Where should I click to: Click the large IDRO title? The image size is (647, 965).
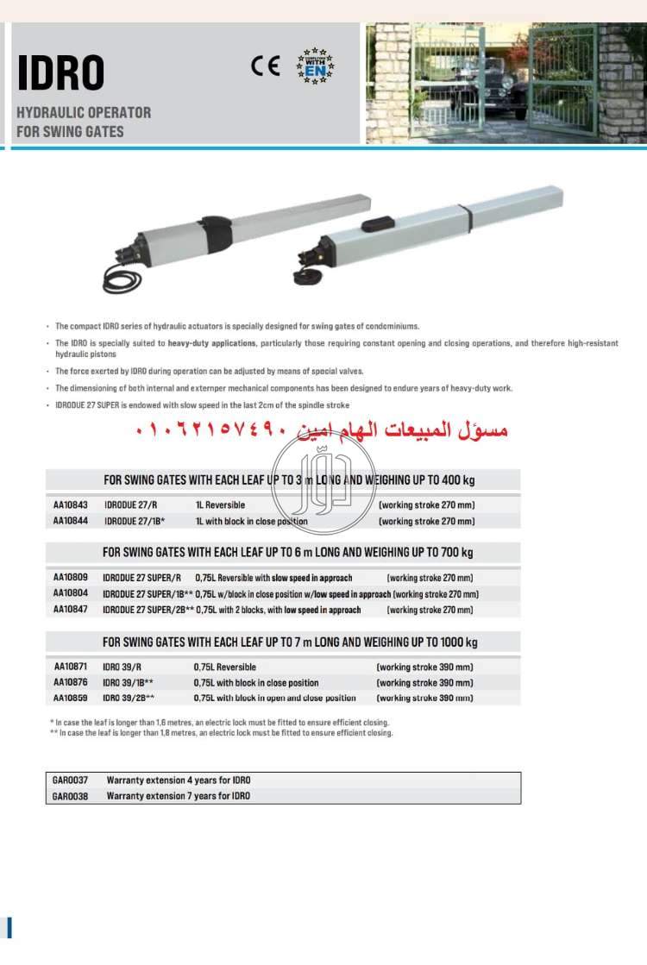pyautogui.click(x=61, y=73)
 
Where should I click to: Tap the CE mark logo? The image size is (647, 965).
pyautogui.click(x=266, y=66)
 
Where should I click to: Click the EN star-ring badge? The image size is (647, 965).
pyautogui.click(x=314, y=66)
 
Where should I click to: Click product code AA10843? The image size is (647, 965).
pyautogui.click(x=71, y=504)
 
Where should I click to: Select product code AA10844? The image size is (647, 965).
pyautogui.click(x=71, y=521)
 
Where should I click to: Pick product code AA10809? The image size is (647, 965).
pyautogui.click(x=71, y=578)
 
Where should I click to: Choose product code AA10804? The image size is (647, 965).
pyautogui.click(x=71, y=593)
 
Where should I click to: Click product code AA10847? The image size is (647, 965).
pyautogui.click(x=71, y=610)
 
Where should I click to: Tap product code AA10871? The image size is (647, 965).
pyautogui.click(x=71, y=667)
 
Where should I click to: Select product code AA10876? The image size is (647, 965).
pyautogui.click(x=71, y=682)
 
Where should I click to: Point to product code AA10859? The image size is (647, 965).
pyautogui.click(x=71, y=698)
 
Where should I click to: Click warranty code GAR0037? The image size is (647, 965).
pyautogui.click(x=71, y=780)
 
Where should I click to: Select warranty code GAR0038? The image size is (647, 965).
pyautogui.click(x=71, y=796)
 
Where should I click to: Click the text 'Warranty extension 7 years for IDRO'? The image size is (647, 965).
pyautogui.click(x=179, y=796)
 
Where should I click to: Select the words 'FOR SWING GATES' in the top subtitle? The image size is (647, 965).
pyautogui.click(x=70, y=132)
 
